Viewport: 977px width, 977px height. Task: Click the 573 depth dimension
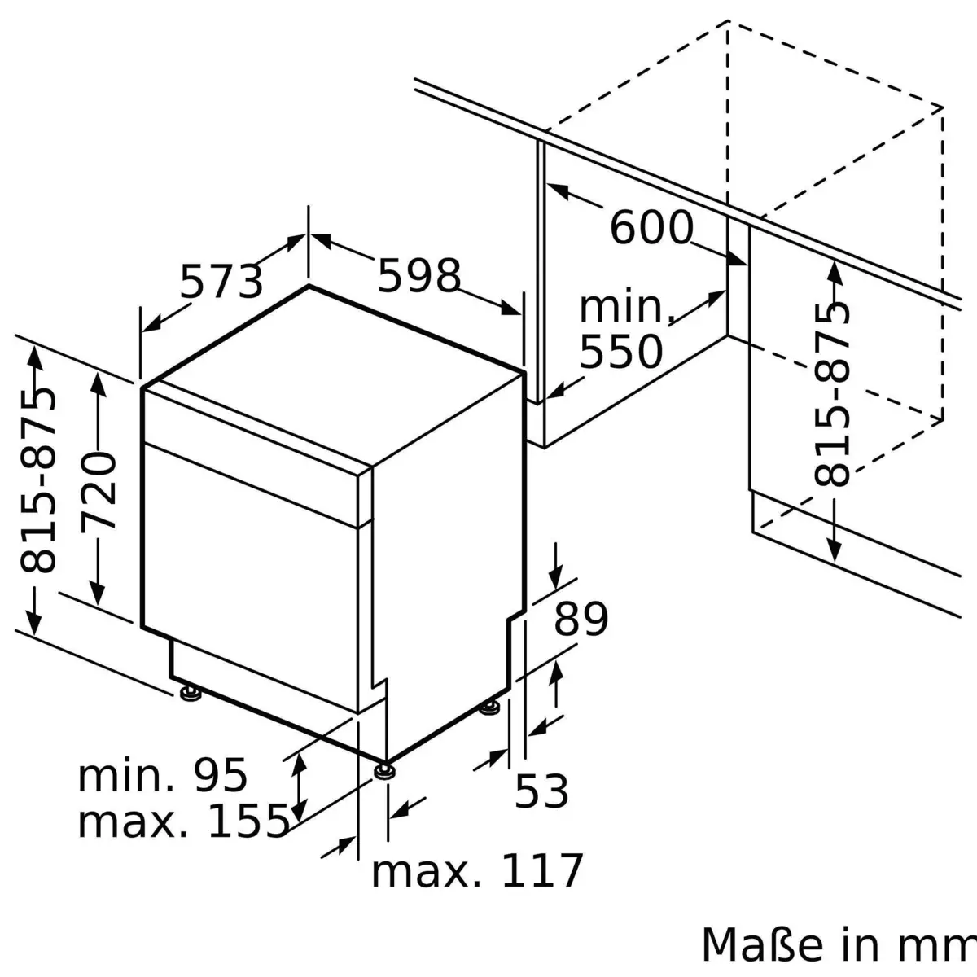(x=221, y=281)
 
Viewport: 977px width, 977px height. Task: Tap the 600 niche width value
(x=651, y=227)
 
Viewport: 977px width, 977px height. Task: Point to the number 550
(x=620, y=352)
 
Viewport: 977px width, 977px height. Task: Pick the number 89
(x=581, y=619)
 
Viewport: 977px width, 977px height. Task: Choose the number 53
(x=541, y=791)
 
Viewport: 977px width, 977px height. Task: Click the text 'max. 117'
(x=477, y=870)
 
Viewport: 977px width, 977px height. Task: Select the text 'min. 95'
(x=162, y=775)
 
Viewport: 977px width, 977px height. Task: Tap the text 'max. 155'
(x=183, y=821)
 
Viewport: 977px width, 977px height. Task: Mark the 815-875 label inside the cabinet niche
(x=831, y=394)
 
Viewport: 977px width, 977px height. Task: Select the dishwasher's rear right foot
(x=489, y=708)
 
